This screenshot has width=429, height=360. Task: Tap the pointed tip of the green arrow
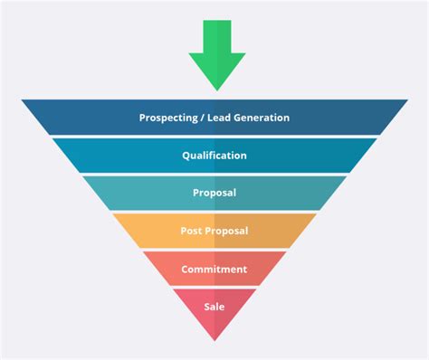tap(216, 90)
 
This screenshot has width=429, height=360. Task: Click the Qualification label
tap(214, 156)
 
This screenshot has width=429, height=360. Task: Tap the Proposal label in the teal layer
tap(214, 193)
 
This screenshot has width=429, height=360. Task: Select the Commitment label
tap(214, 269)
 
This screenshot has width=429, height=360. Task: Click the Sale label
tap(214, 307)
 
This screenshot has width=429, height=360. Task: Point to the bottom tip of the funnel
tap(214, 339)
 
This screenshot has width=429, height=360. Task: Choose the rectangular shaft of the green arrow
tap(216, 36)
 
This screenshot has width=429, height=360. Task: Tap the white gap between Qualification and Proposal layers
tap(214, 174)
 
